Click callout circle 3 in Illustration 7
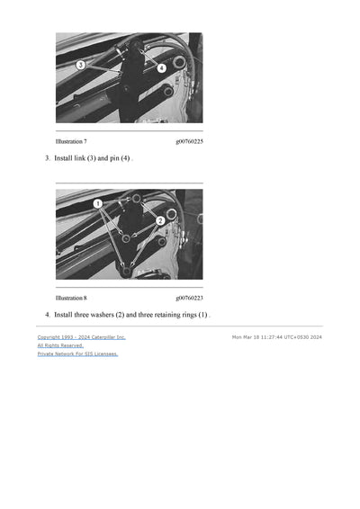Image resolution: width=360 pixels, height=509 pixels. (80, 65)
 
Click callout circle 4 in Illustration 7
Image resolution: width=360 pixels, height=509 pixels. (161, 67)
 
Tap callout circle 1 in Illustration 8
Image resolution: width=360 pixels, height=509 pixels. (97, 204)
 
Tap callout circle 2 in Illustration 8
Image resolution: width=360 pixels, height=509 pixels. (159, 220)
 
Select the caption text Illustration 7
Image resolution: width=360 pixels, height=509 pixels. (71, 141)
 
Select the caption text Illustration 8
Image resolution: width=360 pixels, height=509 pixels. (71, 298)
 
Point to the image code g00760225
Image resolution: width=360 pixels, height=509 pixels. (189, 141)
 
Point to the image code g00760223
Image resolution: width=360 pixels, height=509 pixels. (189, 298)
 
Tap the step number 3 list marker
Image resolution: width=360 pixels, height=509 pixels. (47, 158)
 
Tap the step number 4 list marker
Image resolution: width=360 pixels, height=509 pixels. (47, 315)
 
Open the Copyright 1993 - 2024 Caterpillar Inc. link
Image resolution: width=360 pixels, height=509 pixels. (81, 337)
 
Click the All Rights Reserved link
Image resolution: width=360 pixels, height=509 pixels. (60, 345)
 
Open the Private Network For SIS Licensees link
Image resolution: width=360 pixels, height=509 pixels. (77, 353)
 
